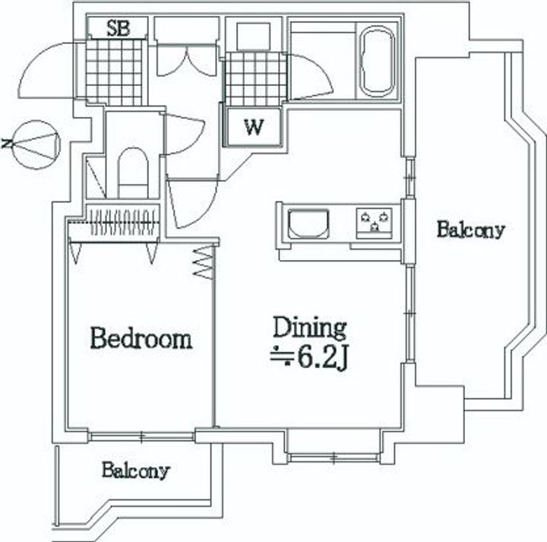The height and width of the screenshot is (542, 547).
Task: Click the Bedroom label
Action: pyautogui.click(x=141, y=338)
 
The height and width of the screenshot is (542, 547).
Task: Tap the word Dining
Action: pyautogui.click(x=310, y=328)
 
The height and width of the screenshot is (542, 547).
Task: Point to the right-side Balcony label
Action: pyautogui.click(x=470, y=230)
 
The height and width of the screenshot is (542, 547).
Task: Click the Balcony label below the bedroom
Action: pyautogui.click(x=135, y=470)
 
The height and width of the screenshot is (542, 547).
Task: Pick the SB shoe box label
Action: pyautogui.click(x=118, y=28)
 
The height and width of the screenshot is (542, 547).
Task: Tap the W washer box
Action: pyautogui.click(x=253, y=127)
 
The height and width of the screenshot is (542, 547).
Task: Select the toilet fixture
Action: pyautogui.click(x=133, y=173)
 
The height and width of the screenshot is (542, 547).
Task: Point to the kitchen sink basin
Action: pyautogui.click(x=308, y=223)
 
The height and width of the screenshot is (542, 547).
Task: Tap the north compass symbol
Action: pyautogui.click(x=35, y=144)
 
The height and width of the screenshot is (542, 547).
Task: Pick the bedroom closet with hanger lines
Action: pyautogui.click(x=115, y=222)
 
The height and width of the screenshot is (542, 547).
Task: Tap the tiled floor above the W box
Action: pyautogui.click(x=255, y=79)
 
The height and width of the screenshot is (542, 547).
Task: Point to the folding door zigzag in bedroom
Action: pyautogui.click(x=203, y=262)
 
